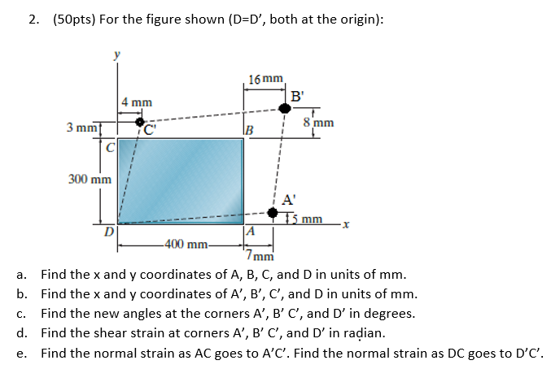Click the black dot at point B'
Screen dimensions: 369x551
click(284, 107)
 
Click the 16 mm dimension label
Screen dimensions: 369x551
click(266, 80)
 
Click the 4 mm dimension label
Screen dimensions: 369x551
click(136, 102)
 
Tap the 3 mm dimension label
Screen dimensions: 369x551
click(81, 128)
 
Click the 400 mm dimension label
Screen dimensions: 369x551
click(186, 244)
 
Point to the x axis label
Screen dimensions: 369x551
click(345, 223)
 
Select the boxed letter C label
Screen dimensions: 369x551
click(109, 147)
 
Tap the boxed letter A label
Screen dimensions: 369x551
click(251, 232)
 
